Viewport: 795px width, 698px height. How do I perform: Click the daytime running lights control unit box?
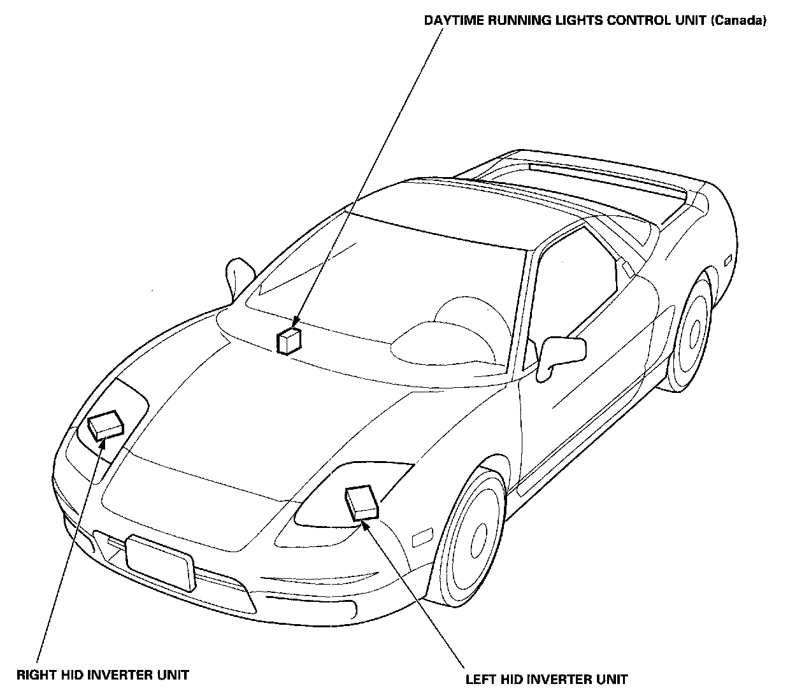pos(289,341)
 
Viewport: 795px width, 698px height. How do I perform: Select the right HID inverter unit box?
pos(104,424)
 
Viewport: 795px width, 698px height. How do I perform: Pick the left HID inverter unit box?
pos(361,502)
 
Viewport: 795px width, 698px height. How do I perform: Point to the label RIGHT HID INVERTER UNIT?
pos(103,674)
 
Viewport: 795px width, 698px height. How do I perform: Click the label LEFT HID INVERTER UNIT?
pos(546,680)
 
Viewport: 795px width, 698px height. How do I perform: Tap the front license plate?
pos(160,562)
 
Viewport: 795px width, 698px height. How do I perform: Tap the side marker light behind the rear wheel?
pos(728,260)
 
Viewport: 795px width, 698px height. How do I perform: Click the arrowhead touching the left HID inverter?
pos(366,523)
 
